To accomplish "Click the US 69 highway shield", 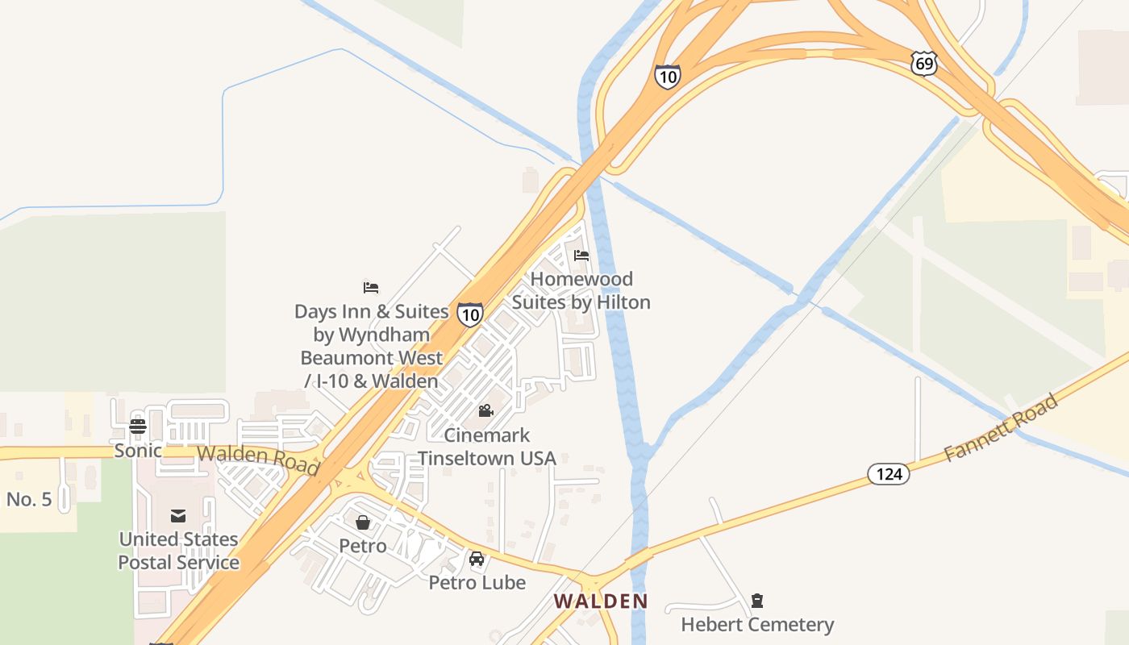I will coord(925,64).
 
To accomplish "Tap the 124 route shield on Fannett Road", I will coord(889,474).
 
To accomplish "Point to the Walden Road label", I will coord(258,460).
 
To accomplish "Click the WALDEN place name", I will coord(601,601).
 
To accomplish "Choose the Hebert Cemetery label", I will coord(757,625).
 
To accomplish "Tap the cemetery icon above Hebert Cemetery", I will coord(756,601).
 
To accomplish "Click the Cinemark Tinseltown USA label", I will coord(487,447).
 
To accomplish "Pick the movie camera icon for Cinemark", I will coord(485,411).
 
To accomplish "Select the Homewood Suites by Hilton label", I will coord(581,290).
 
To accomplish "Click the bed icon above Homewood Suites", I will coord(581,256).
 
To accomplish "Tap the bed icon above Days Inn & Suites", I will coord(371,287).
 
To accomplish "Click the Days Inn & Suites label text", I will coord(371,346).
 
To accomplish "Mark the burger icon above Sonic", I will coord(138,427).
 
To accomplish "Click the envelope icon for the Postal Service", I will coord(178,516).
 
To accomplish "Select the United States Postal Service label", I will coord(179,551).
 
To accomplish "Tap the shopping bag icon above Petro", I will coord(363,522).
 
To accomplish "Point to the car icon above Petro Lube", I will coord(477,559).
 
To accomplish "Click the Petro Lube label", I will coord(477,582).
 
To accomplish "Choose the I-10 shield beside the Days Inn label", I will coord(470,314).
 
